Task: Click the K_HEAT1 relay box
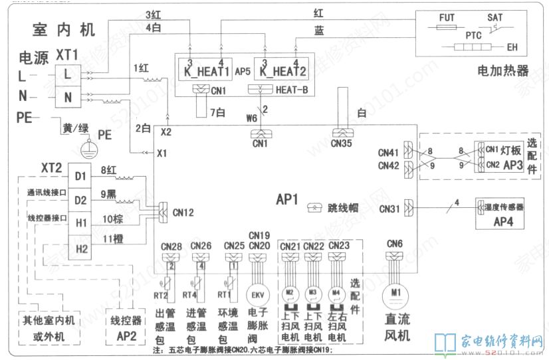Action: point(203,69)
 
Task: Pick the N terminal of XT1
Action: point(68,97)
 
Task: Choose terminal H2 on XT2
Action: point(80,249)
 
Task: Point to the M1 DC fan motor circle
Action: point(395,293)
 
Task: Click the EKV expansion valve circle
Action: point(256,294)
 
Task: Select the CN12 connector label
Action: point(183,213)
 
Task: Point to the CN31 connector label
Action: point(389,209)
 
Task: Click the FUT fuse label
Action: point(446,18)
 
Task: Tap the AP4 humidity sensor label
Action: point(501,222)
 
